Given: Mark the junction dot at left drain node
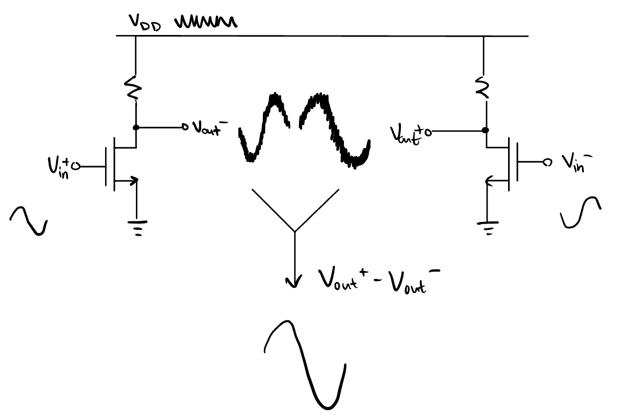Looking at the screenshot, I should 136,127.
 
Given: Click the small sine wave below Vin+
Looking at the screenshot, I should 29,219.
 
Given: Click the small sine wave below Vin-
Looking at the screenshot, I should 581,212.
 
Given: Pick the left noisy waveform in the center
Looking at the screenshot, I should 264,128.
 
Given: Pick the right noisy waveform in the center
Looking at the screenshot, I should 335,131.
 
